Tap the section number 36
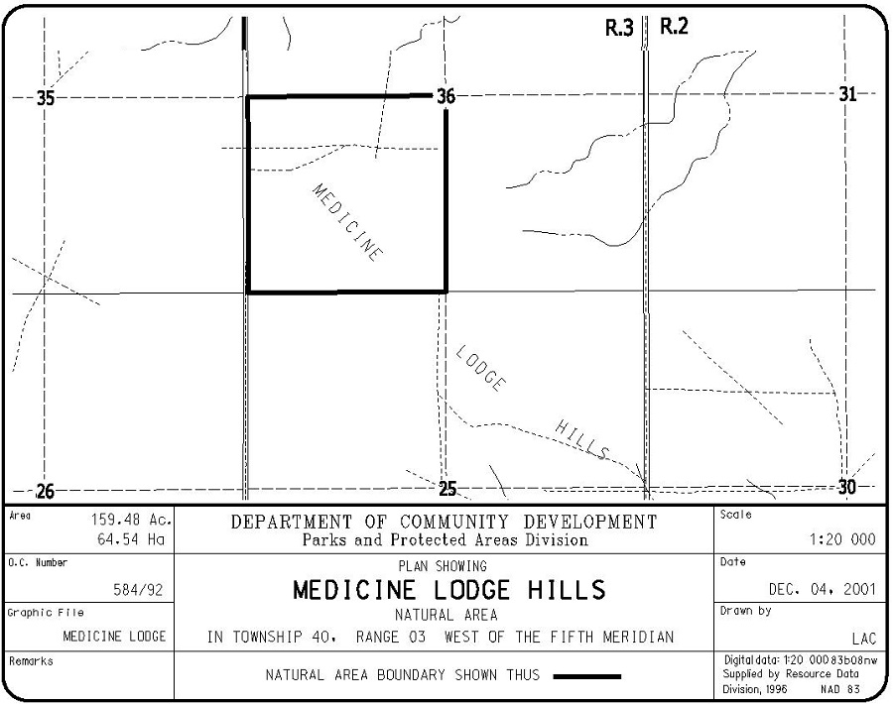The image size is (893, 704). click(446, 96)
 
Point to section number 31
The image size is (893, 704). click(847, 94)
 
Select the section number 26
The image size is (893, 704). click(46, 491)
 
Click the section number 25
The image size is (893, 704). click(447, 489)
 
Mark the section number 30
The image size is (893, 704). click(847, 487)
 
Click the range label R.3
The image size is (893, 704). click(619, 29)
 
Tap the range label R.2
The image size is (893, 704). click(674, 28)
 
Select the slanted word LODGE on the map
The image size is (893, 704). click(481, 369)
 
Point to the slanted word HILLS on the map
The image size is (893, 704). click(581, 439)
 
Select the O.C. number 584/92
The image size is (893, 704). click(138, 590)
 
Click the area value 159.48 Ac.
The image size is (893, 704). click(133, 520)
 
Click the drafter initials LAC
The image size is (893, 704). click(863, 638)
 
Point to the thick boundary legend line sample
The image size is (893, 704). click(587, 676)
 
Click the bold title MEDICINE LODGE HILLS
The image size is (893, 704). click(448, 591)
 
